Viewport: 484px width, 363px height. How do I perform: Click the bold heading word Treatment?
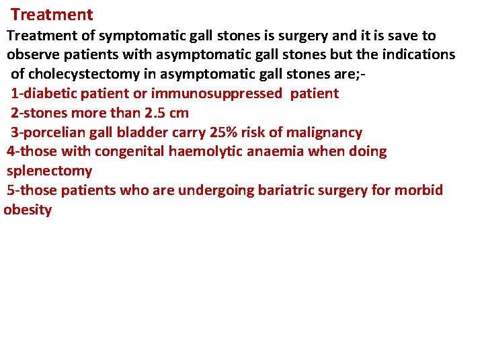click(x=52, y=14)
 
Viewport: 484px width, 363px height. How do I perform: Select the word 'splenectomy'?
click(x=49, y=171)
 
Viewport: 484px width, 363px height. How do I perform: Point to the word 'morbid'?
click(x=419, y=190)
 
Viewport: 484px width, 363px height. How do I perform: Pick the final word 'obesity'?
click(x=28, y=210)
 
